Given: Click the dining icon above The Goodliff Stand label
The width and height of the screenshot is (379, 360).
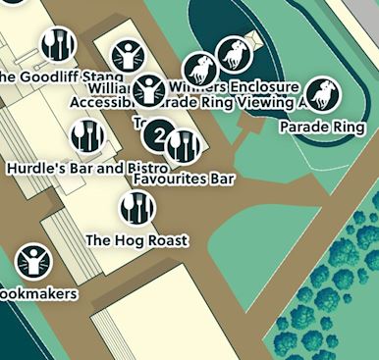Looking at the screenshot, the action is point(58,43).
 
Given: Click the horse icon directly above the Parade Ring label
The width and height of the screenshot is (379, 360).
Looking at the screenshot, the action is point(320,95).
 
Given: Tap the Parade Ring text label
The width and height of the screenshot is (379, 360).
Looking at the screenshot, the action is point(322,128).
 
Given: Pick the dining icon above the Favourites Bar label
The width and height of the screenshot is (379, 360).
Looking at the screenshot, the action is point(184,146).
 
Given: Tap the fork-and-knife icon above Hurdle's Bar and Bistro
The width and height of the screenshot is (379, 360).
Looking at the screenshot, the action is point(87,134).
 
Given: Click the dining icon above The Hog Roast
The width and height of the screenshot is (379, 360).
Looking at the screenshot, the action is point(136,207).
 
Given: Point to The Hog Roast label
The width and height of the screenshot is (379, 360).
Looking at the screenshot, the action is point(136,239).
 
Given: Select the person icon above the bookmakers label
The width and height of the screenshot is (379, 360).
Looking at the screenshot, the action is point(32,261).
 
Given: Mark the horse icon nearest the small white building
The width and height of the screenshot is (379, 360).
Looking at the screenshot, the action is point(234,53).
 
